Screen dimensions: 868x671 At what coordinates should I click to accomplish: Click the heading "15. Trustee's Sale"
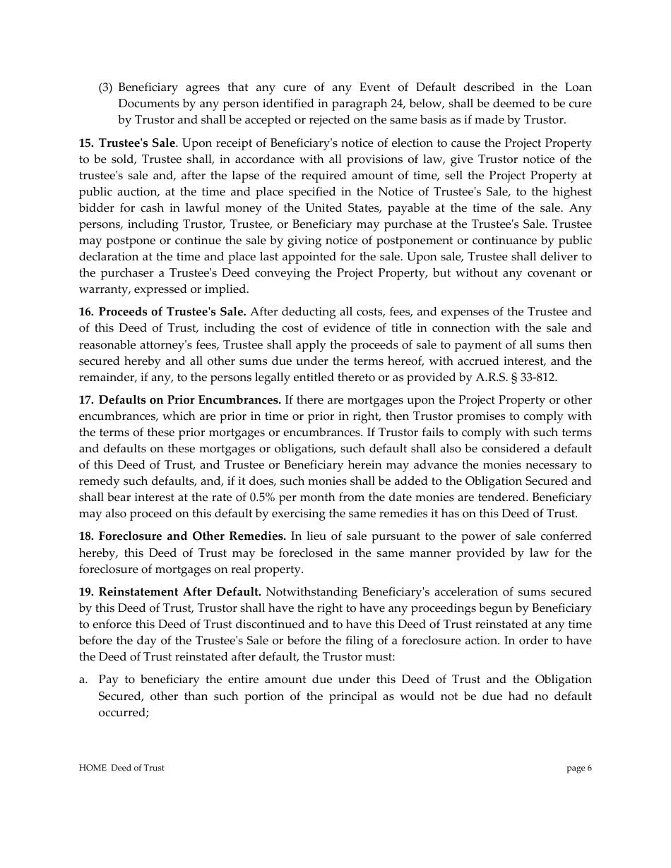pos(126,143)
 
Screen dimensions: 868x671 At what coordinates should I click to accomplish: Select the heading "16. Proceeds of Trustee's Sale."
pos(162,312)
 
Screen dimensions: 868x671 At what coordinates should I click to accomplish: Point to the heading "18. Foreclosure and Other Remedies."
pos(182,536)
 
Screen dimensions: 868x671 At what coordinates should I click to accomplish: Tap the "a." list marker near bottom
pos(83,680)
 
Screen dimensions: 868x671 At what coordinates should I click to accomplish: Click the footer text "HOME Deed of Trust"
pos(121,768)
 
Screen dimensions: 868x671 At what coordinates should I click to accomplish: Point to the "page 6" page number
pos(579,768)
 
